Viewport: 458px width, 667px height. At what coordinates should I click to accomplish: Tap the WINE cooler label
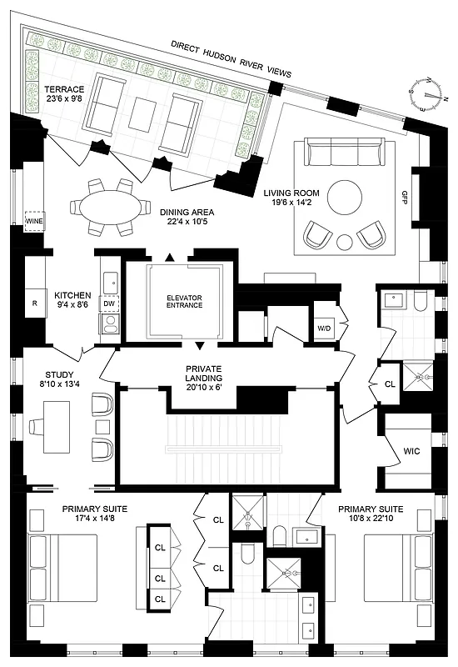[34, 222]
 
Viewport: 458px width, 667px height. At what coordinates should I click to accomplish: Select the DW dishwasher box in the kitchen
[108, 303]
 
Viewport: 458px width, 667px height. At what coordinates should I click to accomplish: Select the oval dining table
[106, 206]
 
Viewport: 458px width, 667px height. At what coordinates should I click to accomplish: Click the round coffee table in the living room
[344, 198]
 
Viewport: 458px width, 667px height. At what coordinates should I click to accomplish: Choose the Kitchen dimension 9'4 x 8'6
[72, 306]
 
